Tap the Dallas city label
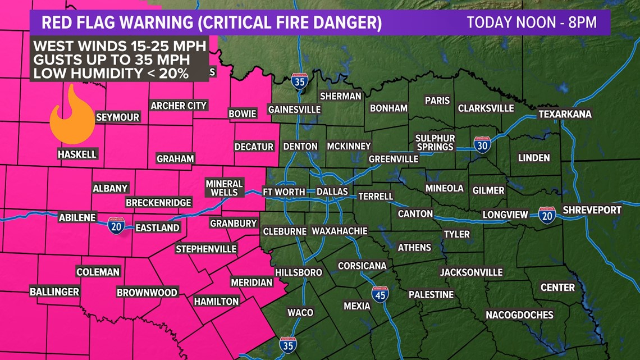point(332,192)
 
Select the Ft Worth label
point(284,192)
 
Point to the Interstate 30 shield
point(482,145)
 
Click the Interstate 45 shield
point(380,294)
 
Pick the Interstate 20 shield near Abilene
point(116,226)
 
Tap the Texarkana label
point(565,114)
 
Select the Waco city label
point(300,312)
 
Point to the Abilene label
point(77,218)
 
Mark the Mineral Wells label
point(224,188)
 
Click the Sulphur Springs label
point(435,143)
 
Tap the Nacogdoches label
point(519,315)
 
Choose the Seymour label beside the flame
point(117,117)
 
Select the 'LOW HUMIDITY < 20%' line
point(111,73)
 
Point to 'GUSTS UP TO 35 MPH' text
point(111,59)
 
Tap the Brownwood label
point(147,293)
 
